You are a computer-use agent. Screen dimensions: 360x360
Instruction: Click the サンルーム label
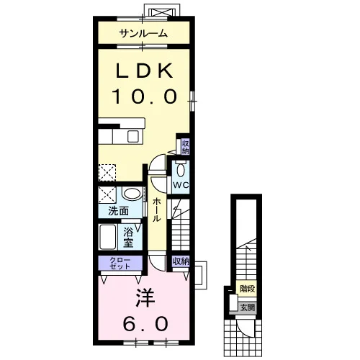[143, 33]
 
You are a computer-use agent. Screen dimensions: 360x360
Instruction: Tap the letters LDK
[144, 71]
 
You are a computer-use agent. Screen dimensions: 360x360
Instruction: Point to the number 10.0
[145, 96]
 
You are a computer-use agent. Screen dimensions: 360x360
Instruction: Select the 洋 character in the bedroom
[145, 297]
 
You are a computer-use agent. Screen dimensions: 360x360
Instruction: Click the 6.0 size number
[145, 323]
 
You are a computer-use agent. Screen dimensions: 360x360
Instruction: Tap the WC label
[181, 185]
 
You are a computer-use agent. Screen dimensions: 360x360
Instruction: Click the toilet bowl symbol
[181, 170]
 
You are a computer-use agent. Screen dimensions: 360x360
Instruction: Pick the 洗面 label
[118, 211]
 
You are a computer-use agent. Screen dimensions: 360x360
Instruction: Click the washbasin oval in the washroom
[132, 194]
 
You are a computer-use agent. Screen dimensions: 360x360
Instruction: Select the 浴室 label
[128, 238]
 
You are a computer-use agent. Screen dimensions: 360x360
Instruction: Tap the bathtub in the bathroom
[108, 237]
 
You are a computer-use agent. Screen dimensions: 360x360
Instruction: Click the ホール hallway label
[156, 210]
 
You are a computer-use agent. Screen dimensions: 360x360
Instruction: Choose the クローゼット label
[120, 263]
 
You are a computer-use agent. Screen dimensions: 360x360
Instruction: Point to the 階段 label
[247, 289]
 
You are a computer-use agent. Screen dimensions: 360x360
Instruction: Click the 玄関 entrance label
[248, 307]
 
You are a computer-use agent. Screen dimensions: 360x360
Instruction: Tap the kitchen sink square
[132, 137]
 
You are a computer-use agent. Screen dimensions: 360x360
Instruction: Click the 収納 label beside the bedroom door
[181, 261]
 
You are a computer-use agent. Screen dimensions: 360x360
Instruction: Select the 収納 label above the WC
[185, 147]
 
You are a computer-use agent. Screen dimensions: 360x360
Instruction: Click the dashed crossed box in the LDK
[107, 173]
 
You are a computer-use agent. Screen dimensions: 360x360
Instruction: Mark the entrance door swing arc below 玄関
[242, 328]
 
